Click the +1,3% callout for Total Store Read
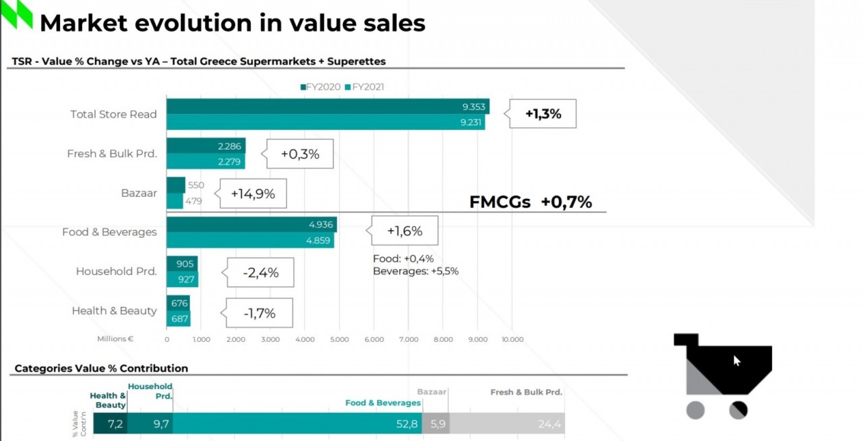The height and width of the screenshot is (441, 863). click(543, 114)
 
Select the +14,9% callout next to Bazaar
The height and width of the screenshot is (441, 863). click(253, 194)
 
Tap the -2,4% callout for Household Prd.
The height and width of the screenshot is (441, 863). click(260, 273)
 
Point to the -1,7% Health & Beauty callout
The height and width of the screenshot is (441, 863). click(260, 313)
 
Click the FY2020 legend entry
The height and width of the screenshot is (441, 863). click(321, 87)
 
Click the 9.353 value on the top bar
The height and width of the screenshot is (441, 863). click(474, 107)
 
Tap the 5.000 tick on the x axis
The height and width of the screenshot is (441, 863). click(339, 339)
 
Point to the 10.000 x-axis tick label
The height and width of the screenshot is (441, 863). click(512, 339)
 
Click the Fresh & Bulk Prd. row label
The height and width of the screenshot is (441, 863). click(112, 154)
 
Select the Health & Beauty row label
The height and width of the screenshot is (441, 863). click(114, 311)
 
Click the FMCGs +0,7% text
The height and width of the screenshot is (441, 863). click(530, 202)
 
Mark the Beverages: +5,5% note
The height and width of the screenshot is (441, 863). click(416, 270)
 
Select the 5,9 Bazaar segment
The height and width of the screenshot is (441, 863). click(436, 424)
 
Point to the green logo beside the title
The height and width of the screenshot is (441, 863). click(16, 15)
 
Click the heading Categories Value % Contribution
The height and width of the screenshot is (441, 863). click(101, 368)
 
